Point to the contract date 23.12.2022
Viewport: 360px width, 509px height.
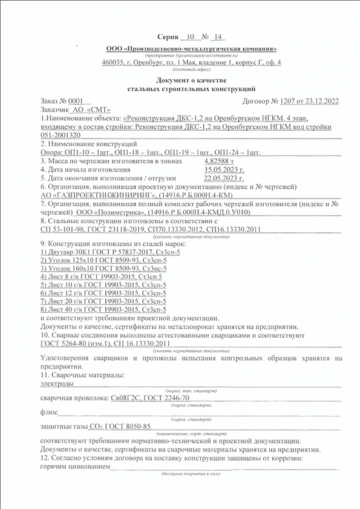point(316,100)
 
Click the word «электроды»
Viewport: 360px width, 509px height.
point(57,383)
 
